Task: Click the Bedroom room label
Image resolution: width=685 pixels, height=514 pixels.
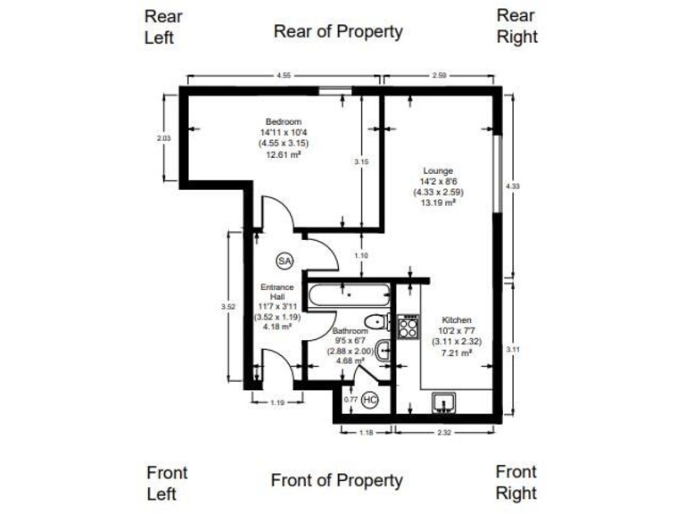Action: (x=283, y=122)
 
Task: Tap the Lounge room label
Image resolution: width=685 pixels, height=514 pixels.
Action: (x=438, y=170)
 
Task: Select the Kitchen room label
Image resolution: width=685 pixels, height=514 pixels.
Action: (x=457, y=319)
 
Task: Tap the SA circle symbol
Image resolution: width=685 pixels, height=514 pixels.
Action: (x=285, y=261)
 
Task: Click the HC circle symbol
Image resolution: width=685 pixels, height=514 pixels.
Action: (x=370, y=400)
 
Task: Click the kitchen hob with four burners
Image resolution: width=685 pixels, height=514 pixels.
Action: (x=409, y=327)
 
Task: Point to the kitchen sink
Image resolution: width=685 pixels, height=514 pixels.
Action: (x=443, y=402)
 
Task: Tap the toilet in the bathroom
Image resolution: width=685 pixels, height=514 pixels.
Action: (x=376, y=321)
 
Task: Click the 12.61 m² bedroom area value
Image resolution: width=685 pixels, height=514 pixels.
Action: (x=283, y=154)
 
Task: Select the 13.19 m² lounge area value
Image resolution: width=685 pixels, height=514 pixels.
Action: (x=438, y=203)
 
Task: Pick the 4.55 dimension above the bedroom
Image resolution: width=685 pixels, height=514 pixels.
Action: (x=284, y=76)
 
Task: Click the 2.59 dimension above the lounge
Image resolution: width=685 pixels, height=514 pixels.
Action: (x=439, y=76)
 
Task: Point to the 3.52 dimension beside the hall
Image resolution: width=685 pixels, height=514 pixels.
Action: (x=227, y=307)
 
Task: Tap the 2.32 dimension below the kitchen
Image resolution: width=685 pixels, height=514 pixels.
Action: (x=443, y=434)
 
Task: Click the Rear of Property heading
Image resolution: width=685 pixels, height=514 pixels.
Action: (x=338, y=32)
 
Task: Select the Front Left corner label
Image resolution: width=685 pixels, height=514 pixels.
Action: (x=167, y=483)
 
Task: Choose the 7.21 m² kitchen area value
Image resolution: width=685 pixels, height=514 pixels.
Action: (x=457, y=352)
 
